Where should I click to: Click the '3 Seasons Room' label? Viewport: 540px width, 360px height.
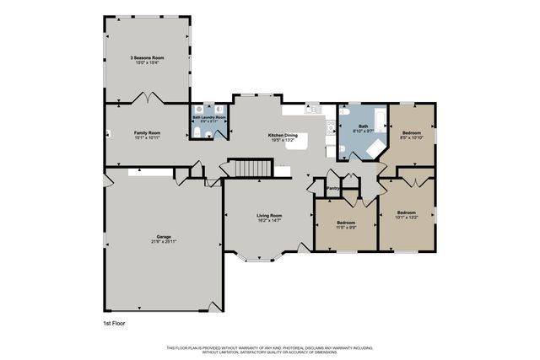point(147,57)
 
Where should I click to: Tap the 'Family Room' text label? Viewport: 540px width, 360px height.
point(147,133)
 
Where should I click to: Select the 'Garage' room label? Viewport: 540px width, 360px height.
point(163,237)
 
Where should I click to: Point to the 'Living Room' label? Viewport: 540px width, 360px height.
point(269,216)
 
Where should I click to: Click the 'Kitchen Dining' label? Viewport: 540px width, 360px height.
point(282,135)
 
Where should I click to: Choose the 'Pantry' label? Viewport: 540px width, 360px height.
point(332,189)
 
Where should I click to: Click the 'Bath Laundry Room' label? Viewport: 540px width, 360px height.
point(208,117)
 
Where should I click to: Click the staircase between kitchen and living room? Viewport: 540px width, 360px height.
point(250,169)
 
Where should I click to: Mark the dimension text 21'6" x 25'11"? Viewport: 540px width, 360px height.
point(163,242)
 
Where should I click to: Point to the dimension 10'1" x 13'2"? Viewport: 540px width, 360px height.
point(406,217)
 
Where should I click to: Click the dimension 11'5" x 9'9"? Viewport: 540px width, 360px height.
point(346,228)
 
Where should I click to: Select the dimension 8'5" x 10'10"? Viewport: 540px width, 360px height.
point(412,138)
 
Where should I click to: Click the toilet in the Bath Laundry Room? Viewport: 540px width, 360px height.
point(196,134)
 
